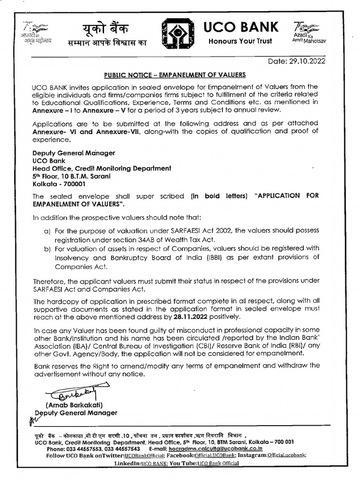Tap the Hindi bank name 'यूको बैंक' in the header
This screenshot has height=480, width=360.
102,28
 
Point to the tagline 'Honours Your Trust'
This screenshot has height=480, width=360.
240,41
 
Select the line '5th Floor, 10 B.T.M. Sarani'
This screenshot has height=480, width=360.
71,176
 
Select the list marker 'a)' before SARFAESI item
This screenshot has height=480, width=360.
47,231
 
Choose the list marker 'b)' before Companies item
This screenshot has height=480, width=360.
47,248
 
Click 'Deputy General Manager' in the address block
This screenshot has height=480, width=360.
74,153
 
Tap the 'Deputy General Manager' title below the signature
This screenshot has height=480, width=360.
79,413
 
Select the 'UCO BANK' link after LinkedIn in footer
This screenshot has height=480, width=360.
154,463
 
